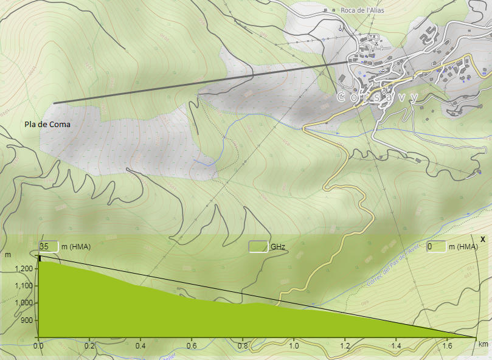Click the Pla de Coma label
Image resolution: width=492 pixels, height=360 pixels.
[47, 125]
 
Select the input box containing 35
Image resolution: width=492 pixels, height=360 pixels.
[49, 246]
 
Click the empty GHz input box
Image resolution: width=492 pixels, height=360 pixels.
[259, 246]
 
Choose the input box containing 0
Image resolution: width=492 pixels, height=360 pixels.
[436, 246]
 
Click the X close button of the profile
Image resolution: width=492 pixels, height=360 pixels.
[482, 239]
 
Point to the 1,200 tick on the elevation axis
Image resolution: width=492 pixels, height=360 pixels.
[25, 268]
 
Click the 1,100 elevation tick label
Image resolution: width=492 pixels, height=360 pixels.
[25, 286]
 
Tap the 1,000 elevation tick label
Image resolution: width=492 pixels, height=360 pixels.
[25, 303]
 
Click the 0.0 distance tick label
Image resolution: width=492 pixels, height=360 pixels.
[38, 345]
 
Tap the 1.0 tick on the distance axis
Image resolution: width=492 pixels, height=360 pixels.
[294, 345]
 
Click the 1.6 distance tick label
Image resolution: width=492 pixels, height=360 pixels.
[448, 345]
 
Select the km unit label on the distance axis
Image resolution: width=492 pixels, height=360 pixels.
[483, 345]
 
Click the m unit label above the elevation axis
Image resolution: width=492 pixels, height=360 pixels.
[8, 254]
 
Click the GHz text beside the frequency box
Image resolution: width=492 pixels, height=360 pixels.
[278, 247]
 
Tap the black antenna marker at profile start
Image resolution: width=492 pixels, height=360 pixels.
[40, 258]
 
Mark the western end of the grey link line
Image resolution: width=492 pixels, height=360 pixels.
[54, 103]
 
